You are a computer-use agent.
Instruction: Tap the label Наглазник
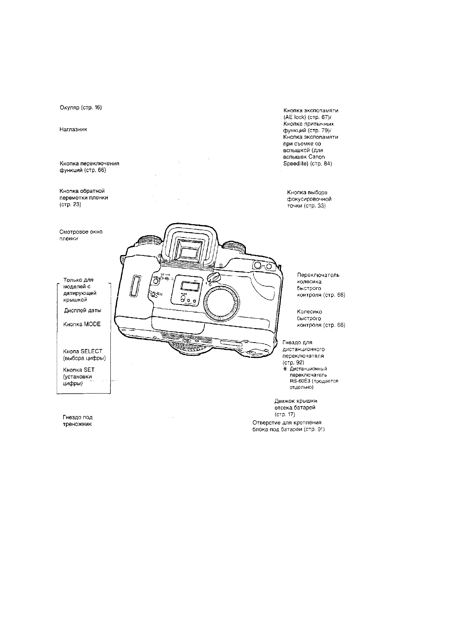coord(73,129)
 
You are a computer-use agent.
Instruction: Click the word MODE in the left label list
coord(93,324)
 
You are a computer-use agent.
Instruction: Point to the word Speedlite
coord(296,164)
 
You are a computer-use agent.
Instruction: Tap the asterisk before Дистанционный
coord(285,369)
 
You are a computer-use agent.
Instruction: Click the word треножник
coord(77,424)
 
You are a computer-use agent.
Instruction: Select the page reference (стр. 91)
coord(314,429)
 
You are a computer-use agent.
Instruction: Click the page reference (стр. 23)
coord(70,205)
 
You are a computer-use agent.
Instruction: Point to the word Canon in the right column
coord(317,157)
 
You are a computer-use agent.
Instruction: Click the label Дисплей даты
coord(83,310)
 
